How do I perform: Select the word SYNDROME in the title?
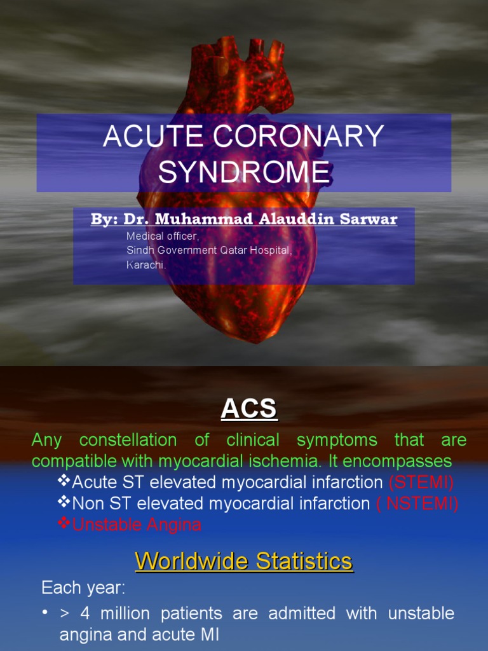pyautogui.click(x=244, y=172)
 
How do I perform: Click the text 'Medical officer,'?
pyautogui.click(x=162, y=236)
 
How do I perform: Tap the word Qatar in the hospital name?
pyautogui.click(x=234, y=250)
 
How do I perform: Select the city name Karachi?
pyautogui.click(x=146, y=264)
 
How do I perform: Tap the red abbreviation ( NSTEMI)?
pyautogui.click(x=417, y=504)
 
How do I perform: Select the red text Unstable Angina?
pyautogui.click(x=137, y=524)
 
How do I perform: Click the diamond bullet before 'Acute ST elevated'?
pyautogui.click(x=64, y=481)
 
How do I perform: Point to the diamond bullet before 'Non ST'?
pyautogui.click(x=64, y=503)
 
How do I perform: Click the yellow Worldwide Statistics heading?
pyautogui.click(x=244, y=561)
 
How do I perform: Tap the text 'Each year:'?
pyautogui.click(x=83, y=588)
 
